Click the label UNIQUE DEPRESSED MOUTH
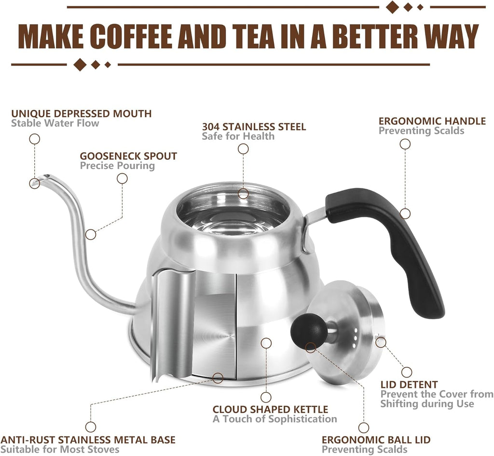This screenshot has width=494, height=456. (82, 114)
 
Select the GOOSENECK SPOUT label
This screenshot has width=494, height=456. (128, 156)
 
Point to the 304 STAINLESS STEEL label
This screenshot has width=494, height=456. (254, 127)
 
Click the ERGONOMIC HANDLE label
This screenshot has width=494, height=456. (432, 121)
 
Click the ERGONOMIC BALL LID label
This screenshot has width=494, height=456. (376, 440)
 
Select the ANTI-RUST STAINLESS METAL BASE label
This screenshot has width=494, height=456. (88, 440)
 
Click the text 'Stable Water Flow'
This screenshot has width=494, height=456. (55, 123)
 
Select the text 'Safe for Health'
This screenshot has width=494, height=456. (238, 136)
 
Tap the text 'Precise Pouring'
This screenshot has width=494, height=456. (117, 166)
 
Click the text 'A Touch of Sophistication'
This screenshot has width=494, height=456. (274, 419)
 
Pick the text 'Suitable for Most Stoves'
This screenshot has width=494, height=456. (60, 450)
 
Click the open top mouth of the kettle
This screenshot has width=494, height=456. (233, 212)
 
